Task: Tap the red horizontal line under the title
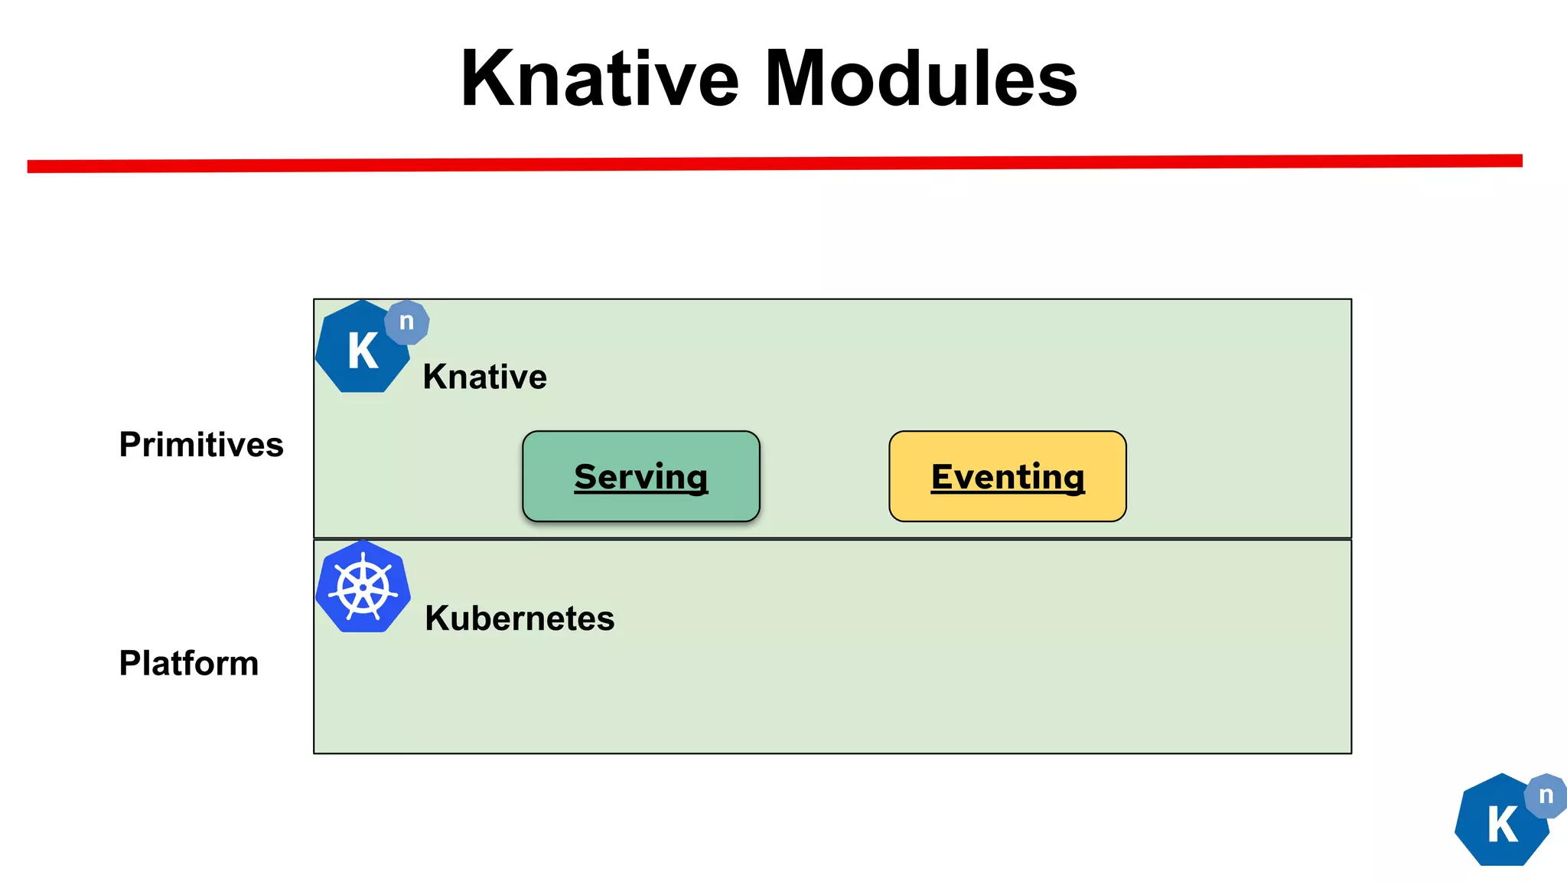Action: [774, 163]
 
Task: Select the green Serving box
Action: [641, 476]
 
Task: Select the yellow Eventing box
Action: [1007, 476]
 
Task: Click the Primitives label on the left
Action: [201, 445]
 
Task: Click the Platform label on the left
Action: [189, 663]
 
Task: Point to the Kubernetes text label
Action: [520, 618]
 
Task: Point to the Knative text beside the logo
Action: [484, 377]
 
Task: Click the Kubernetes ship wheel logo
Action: [363, 587]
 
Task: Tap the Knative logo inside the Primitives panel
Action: [363, 348]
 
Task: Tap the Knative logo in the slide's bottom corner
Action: [1503, 821]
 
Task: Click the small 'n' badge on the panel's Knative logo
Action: [407, 322]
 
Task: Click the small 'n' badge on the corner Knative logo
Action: [1546, 795]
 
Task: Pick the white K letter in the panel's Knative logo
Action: [363, 351]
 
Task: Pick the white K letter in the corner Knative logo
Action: [1503, 825]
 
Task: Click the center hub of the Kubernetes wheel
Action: [363, 588]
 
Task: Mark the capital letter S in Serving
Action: [587, 477]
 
